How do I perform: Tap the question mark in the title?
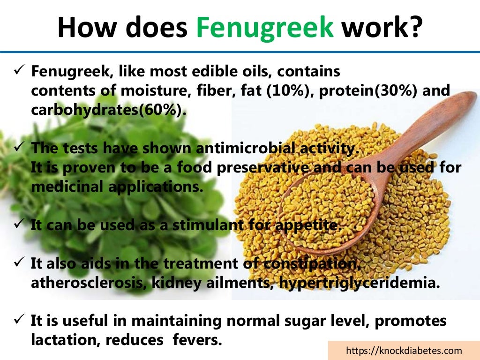point(413,28)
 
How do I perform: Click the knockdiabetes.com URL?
point(404,351)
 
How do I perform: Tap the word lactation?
point(62,340)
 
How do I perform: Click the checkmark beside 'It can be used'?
point(19,224)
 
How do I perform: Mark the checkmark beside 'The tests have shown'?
point(19,147)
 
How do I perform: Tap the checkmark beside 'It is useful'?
point(19,320)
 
